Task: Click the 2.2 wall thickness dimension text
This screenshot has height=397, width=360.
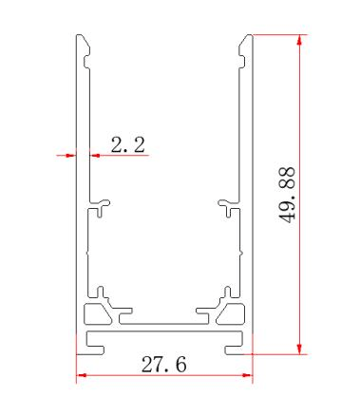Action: point(127,145)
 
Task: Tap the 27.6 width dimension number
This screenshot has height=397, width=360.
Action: point(163,365)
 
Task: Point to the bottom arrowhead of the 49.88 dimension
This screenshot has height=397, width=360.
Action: point(301,345)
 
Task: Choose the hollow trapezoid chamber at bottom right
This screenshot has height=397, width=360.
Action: point(233,312)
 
